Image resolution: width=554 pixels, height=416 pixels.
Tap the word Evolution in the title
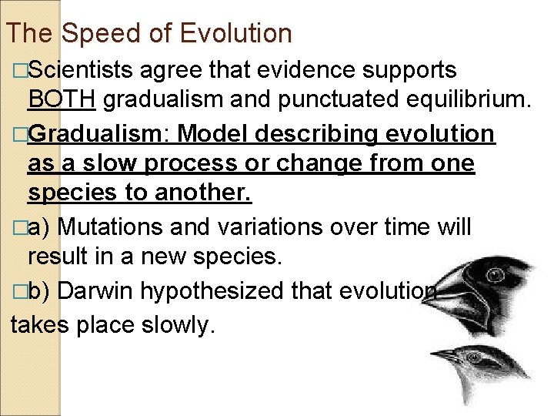[235, 33]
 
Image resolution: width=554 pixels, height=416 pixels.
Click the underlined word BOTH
[62, 99]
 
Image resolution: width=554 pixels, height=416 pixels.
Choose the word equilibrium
[461, 99]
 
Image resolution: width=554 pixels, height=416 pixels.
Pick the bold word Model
[212, 134]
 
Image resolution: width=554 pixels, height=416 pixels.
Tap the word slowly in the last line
[175, 325]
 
